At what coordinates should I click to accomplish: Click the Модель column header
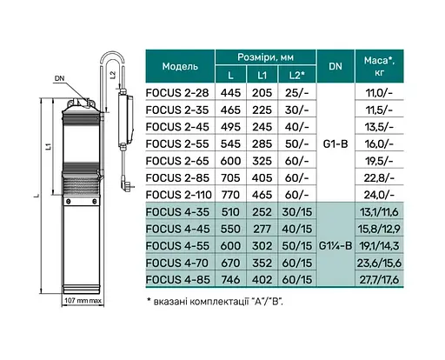click(x=180, y=66)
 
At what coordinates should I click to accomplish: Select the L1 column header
click(x=262, y=76)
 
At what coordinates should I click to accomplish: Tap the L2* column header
click(x=297, y=76)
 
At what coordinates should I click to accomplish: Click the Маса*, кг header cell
click(x=379, y=66)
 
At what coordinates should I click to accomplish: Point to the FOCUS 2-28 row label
click(x=177, y=93)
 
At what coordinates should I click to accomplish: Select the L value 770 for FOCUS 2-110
click(x=230, y=195)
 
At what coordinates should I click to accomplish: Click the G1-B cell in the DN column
click(x=335, y=143)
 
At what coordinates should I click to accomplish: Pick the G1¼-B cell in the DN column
click(x=335, y=246)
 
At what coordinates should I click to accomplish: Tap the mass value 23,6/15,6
click(x=379, y=263)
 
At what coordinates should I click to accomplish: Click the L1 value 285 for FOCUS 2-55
click(x=262, y=143)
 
